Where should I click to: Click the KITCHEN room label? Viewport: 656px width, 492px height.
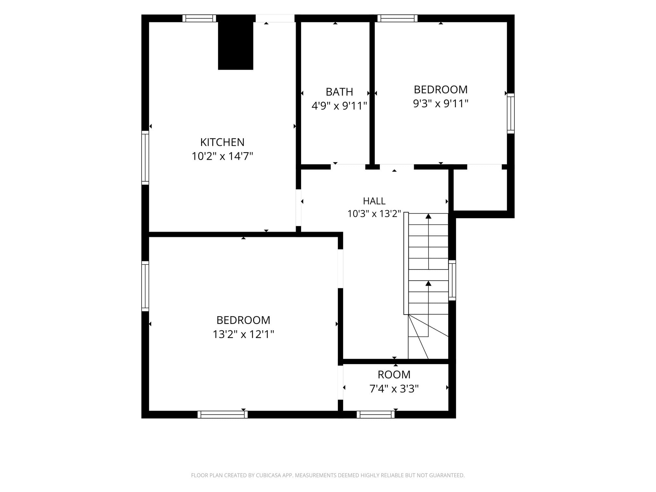point(222,142)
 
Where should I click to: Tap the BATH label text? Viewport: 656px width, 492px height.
point(339,92)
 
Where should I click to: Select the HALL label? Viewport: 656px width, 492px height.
point(374,201)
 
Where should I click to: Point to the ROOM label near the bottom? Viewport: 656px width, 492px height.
point(394,374)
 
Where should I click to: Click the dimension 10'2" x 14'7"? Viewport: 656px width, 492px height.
point(222,156)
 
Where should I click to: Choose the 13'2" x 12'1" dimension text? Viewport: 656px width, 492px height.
point(243,334)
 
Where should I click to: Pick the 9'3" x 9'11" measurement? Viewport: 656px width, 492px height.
point(441,104)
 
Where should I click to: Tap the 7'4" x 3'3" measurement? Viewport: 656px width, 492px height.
point(394,389)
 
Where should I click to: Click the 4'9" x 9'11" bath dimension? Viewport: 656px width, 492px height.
point(339,106)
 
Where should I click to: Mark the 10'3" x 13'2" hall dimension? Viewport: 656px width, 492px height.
point(374,214)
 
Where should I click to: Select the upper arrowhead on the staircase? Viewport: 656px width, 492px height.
point(428,216)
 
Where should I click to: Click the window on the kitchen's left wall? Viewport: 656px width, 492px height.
point(145,158)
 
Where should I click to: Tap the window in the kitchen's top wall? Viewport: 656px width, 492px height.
point(199,18)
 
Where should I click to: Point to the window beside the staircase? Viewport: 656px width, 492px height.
point(452,280)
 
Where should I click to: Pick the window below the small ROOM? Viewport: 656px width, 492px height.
point(375,414)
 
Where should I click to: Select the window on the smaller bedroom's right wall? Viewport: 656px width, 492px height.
point(511,113)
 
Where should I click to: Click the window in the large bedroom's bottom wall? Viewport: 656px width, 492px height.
point(223,414)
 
